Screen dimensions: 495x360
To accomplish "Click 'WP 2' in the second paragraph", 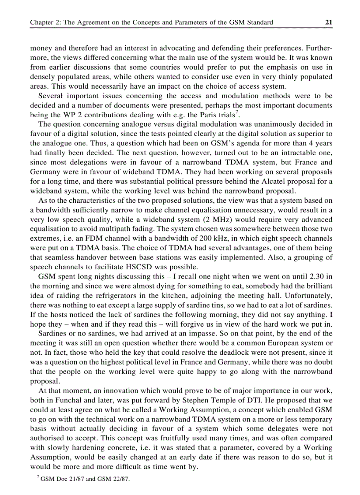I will click(63, 115).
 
